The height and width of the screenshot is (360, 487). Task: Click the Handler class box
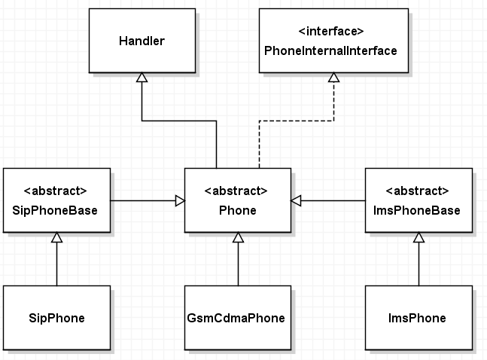point(142,41)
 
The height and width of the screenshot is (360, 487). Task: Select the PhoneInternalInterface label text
point(330,50)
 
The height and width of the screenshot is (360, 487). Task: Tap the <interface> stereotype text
point(331,31)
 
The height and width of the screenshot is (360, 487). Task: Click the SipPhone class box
point(57,318)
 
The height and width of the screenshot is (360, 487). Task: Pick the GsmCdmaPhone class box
point(238,318)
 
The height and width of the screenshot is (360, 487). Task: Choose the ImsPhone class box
point(419,318)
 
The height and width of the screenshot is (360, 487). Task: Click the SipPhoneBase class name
point(55,210)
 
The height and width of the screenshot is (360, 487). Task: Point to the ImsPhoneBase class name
point(417,210)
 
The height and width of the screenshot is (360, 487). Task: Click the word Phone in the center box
point(238,210)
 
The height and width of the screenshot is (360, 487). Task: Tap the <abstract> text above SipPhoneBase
point(55,191)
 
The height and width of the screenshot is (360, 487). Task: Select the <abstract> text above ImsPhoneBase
point(417,191)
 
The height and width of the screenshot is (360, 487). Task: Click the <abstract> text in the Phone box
point(236,191)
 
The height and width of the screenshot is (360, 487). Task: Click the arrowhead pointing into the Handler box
point(142,78)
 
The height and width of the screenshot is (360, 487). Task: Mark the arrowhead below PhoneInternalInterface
point(334,78)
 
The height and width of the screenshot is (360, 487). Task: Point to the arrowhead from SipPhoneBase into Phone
point(180,201)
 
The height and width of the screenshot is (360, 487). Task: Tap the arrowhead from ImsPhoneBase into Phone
point(296,201)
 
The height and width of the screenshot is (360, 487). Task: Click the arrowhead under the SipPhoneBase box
point(57,237)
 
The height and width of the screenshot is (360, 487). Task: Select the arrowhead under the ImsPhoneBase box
point(419,237)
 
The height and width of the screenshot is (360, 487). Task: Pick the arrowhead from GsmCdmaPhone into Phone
point(238,237)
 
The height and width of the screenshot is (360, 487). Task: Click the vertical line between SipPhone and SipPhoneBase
point(57,264)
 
